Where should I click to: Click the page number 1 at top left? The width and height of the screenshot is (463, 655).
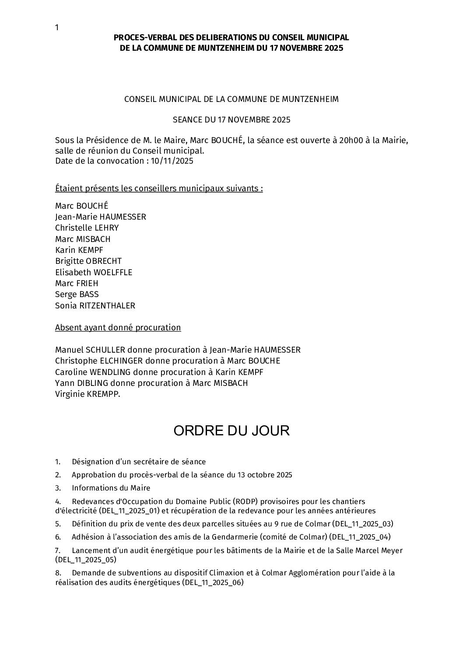coord(57,28)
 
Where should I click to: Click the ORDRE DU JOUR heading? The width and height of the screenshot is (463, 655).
coord(231,431)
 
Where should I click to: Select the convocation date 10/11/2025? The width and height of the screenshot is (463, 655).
coord(172,161)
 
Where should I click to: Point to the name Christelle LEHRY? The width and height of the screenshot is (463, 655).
coord(87,228)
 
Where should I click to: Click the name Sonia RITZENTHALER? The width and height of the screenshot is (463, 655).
coord(95,306)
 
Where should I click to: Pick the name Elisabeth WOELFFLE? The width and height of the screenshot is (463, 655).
coord(94,272)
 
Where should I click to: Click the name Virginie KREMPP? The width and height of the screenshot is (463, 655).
coord(88,394)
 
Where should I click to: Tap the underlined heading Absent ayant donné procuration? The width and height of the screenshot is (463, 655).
coord(118,328)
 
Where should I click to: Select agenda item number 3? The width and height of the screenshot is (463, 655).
coord(58,488)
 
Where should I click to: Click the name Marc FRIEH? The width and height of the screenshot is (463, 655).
coord(77,284)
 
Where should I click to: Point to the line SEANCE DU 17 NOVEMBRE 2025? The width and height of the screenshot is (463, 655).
coord(231,120)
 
